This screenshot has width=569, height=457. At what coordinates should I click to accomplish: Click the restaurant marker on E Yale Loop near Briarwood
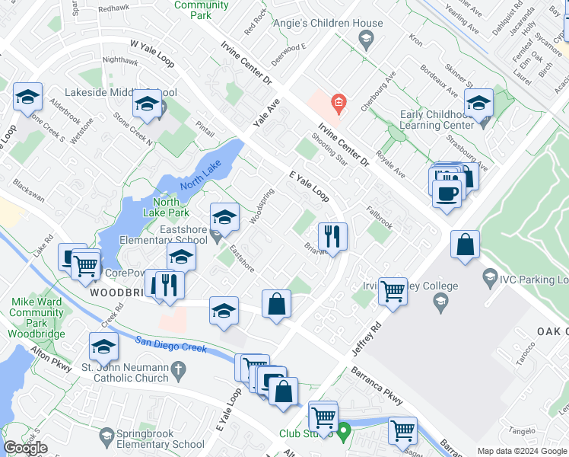(x=332, y=237)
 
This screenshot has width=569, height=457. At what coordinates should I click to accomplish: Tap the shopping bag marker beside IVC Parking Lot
(x=465, y=245)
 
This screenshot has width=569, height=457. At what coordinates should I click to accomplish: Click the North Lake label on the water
(x=199, y=177)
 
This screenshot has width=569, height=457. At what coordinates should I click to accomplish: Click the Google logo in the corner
(x=25, y=448)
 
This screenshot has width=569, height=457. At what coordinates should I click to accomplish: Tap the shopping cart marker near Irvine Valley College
(x=393, y=290)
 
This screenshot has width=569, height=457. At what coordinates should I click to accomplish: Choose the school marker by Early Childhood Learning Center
(x=478, y=103)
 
